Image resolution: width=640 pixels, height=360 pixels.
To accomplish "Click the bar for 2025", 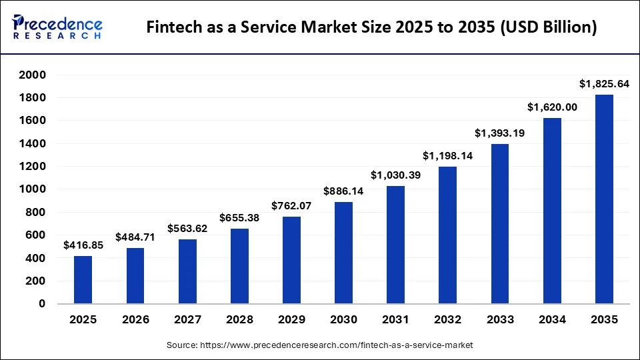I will (x=83, y=279).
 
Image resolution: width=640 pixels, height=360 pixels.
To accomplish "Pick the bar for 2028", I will (x=239, y=266).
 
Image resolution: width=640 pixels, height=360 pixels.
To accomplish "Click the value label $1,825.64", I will (x=604, y=84).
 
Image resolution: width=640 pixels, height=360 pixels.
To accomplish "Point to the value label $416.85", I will (x=83, y=245).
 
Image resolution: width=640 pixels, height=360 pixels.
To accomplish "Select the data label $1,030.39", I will (x=395, y=175).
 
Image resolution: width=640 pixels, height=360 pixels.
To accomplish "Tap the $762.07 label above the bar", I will (x=291, y=206).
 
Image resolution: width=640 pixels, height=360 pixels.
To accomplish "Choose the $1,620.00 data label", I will (x=552, y=107).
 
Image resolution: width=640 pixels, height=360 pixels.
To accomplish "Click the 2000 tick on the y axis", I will (x=32, y=75).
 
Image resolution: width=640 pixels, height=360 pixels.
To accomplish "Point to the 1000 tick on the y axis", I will (x=32, y=189).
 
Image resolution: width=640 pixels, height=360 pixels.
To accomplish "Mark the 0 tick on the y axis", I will (x=41, y=304).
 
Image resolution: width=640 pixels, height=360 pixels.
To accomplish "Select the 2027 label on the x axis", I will (x=187, y=320).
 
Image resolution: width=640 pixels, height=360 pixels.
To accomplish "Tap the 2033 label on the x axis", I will (x=500, y=320).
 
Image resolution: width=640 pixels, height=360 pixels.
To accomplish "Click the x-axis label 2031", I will (x=395, y=320).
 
